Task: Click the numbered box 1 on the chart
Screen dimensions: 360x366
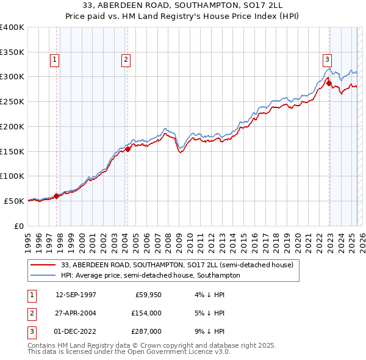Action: click(x=55, y=59)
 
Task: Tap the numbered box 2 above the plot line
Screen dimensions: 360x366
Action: click(x=126, y=59)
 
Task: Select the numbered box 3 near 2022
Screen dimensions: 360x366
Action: click(x=328, y=59)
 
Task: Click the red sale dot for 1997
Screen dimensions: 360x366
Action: click(x=57, y=196)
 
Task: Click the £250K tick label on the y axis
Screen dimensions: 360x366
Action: click(x=12, y=102)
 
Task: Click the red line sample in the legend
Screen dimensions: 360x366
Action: click(x=44, y=265)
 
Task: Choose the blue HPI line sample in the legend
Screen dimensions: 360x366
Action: click(x=44, y=275)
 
